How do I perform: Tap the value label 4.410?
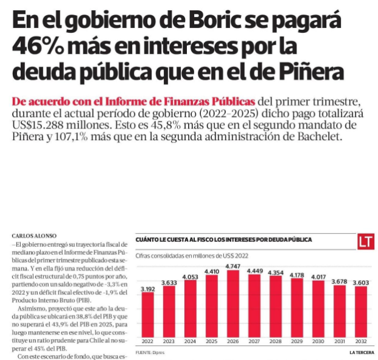click(211, 271)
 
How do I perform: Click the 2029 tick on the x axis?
click(296, 341)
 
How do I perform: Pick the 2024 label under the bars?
click(190, 341)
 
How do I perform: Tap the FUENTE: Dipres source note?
click(150, 352)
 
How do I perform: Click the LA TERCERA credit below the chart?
click(360, 352)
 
